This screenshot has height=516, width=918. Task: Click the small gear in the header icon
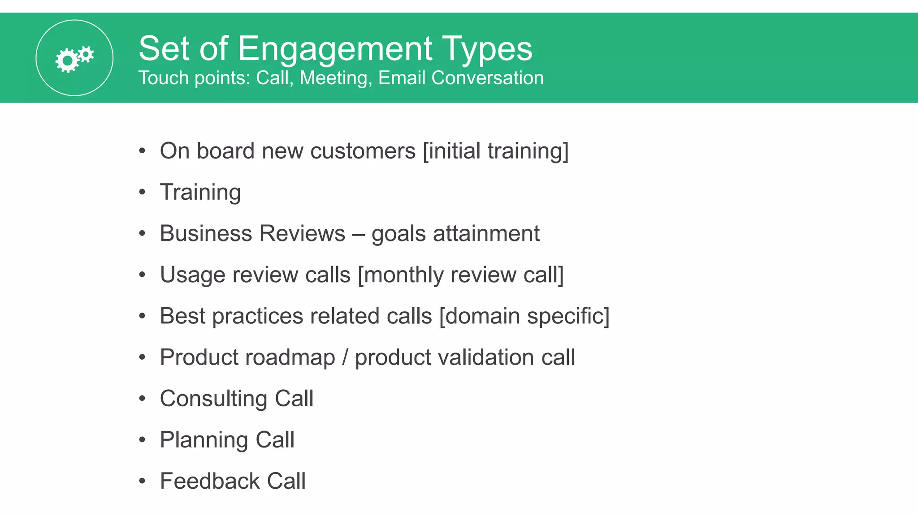coord(86,55)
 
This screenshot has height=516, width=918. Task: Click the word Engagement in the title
coord(335,48)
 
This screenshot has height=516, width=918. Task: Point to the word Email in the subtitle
coord(402,78)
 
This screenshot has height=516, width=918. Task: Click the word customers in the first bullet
coord(363,151)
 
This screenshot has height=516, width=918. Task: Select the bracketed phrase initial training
coord(495,151)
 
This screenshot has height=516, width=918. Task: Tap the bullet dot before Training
coord(142,192)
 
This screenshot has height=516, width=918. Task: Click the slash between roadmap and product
coord(345,357)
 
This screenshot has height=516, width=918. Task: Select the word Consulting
coord(213,399)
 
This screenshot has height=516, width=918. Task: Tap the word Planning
coord(204,440)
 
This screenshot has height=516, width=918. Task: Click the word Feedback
coord(210,481)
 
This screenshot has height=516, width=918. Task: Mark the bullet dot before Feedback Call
coord(142,481)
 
